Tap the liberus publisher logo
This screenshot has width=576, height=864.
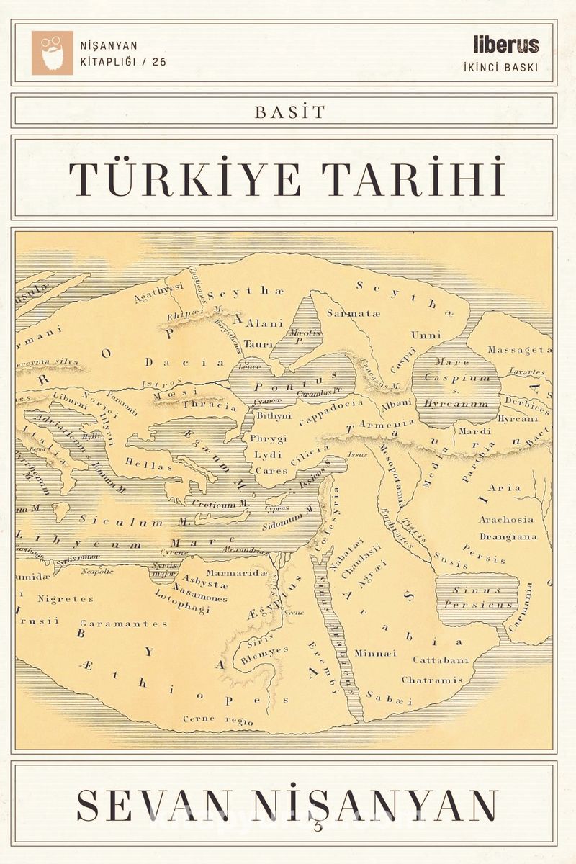pos(506,45)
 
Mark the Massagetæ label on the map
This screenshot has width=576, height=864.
pos(519,350)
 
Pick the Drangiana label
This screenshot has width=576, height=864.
pos(507,536)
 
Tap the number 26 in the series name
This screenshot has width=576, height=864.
pos(158,62)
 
